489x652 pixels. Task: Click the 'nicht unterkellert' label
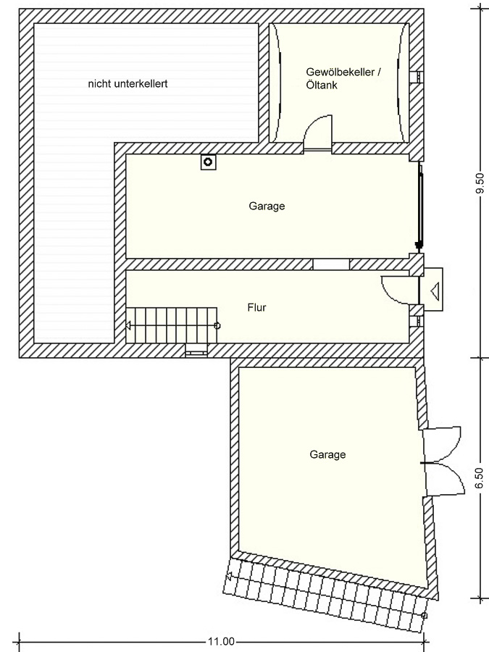coord(128,83)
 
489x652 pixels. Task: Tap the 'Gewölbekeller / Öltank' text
coord(343,78)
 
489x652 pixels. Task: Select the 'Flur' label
coord(256,307)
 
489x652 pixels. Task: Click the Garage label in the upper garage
coord(267,206)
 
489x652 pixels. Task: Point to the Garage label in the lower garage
coord(327,454)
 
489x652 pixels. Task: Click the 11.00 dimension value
coord(221,642)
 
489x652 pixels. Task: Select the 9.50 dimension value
coord(480,183)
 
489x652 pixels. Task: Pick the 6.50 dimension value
coord(480,478)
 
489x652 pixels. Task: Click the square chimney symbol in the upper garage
coord(209,162)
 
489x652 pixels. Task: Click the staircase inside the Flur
coord(172,325)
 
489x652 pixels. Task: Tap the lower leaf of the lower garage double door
coord(445,479)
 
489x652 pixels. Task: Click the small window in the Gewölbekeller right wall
coord(417,78)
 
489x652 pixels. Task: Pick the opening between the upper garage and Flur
coord(331,264)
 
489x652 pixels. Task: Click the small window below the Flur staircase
coord(196,351)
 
